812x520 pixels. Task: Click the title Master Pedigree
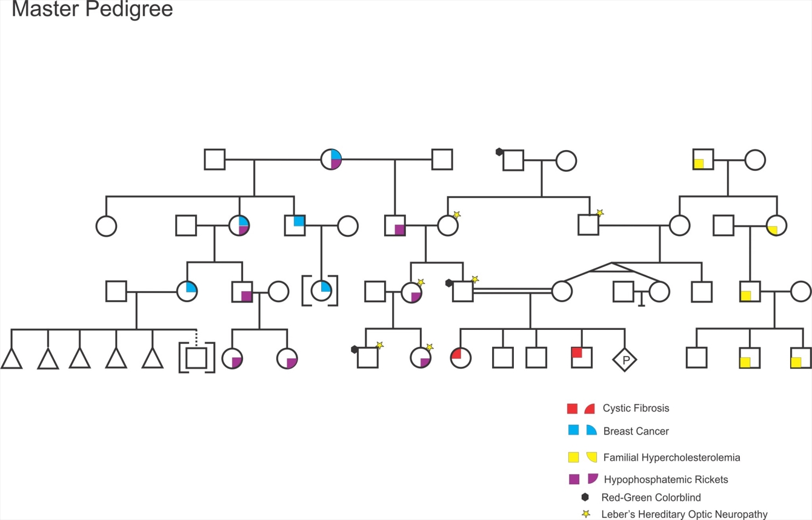92,10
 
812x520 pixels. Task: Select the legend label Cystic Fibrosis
636,408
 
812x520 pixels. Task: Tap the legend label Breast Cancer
636,431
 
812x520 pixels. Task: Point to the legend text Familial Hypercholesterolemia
671,458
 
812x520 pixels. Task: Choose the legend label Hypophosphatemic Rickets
665,479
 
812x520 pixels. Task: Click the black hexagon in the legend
585,497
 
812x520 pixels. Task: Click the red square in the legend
572,409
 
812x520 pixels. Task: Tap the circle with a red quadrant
461,357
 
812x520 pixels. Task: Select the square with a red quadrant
582,357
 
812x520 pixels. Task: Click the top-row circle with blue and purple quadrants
331,160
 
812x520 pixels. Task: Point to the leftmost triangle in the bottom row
12,359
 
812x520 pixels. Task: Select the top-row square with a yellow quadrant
703,160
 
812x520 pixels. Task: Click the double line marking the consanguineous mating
512,291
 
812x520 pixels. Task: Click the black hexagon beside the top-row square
499,152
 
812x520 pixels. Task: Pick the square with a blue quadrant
295,225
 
